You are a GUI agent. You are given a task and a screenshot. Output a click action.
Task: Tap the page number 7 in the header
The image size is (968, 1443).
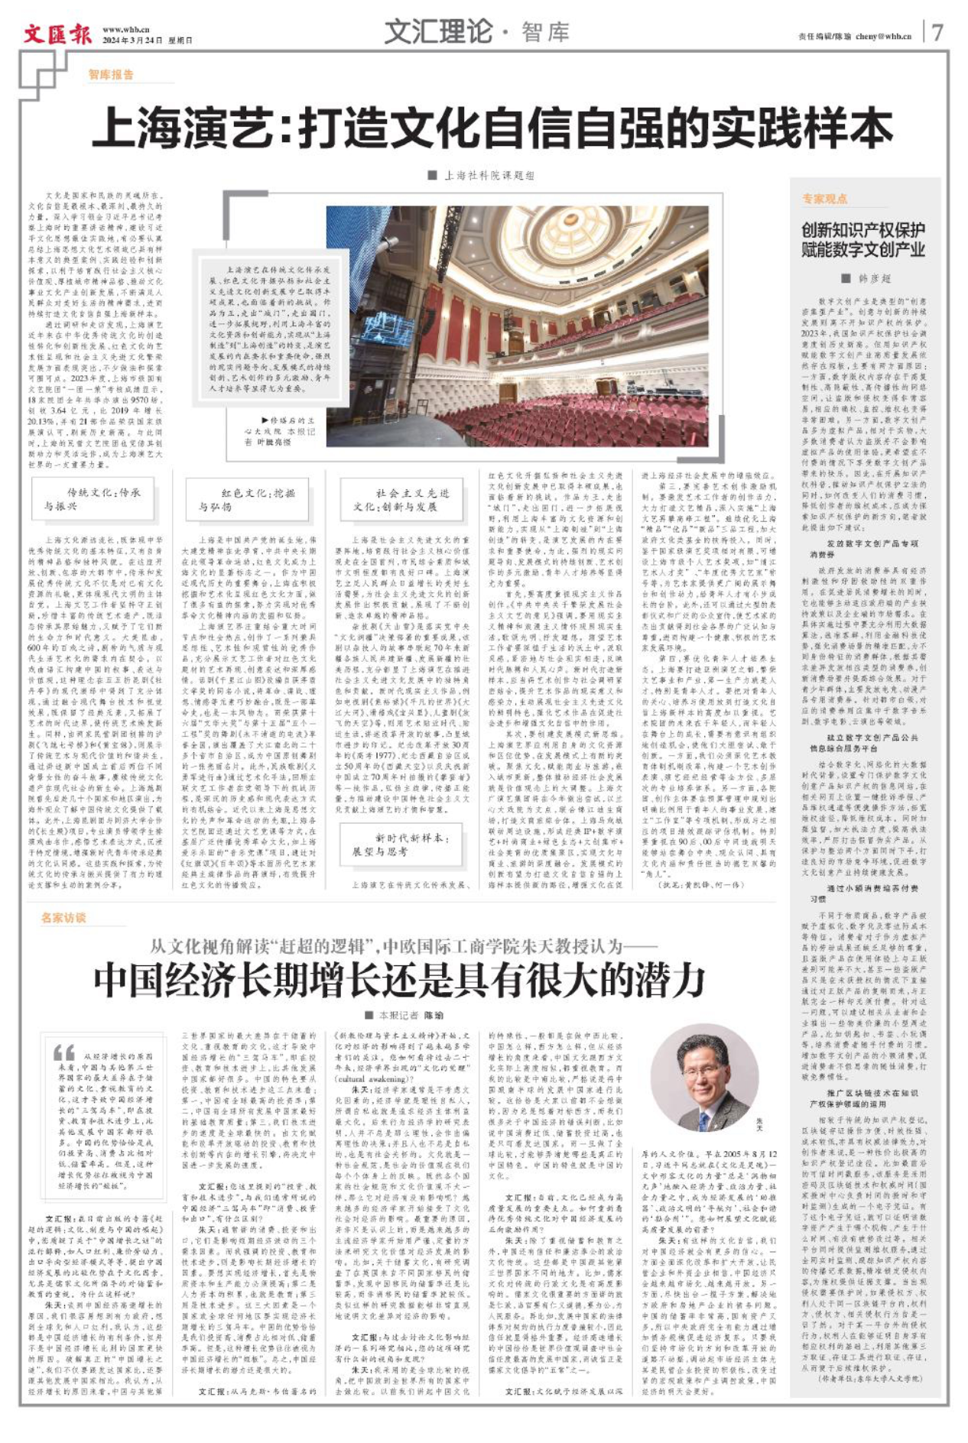pyautogui.click(x=937, y=32)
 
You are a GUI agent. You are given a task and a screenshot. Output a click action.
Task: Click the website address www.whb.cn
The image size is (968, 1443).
pyautogui.click(x=126, y=29)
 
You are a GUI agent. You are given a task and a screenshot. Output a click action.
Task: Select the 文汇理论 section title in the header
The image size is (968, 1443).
pyautogui.click(x=437, y=31)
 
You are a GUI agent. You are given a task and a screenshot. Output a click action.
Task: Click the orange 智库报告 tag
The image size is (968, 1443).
pyautogui.click(x=111, y=74)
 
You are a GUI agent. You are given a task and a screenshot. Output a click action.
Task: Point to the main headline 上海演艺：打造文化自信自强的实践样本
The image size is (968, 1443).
pyautogui.click(x=492, y=128)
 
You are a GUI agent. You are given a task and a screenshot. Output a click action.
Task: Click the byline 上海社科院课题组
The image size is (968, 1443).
pyautogui.click(x=489, y=175)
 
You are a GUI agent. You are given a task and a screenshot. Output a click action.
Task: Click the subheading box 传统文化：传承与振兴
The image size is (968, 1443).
pyautogui.click(x=93, y=498)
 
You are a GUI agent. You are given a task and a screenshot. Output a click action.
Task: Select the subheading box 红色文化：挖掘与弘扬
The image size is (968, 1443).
pyautogui.click(x=246, y=499)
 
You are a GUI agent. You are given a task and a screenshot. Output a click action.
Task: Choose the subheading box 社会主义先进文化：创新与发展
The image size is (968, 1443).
pyautogui.click(x=401, y=499)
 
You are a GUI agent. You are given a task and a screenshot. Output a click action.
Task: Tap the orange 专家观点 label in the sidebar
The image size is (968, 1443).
pyautogui.click(x=824, y=199)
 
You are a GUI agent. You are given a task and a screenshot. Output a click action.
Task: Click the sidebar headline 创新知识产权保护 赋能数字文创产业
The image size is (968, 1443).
pyautogui.click(x=863, y=239)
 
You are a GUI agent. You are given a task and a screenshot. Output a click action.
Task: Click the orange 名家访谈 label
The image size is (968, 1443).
pyautogui.click(x=64, y=917)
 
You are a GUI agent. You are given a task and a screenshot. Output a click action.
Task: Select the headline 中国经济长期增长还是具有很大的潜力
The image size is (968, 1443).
pyautogui.click(x=398, y=979)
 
